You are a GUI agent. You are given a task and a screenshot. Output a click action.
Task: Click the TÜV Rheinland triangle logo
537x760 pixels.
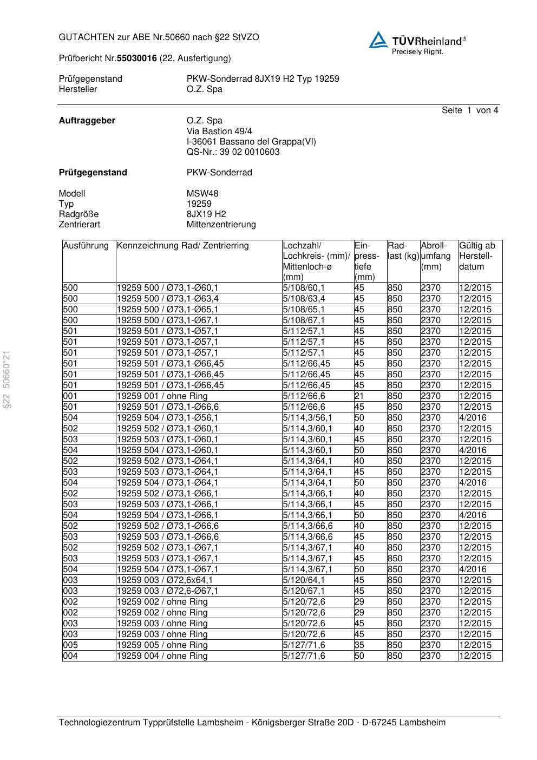tap(378, 40)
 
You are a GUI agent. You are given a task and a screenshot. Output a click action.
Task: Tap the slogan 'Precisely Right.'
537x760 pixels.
tap(417, 52)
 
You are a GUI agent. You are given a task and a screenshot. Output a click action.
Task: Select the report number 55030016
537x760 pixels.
tap(136, 58)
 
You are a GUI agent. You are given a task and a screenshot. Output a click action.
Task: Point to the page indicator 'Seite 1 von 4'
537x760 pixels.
tap(469, 110)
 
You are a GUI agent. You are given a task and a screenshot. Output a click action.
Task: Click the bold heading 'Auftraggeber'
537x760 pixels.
tap(87, 121)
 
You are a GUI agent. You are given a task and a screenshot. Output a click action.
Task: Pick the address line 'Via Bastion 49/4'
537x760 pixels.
tap(219, 131)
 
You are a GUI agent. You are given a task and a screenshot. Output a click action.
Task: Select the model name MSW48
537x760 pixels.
tap(202, 193)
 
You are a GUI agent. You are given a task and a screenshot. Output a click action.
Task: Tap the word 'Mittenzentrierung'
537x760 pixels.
tap(221, 225)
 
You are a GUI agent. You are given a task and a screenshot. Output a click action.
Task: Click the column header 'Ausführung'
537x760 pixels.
tap(86, 246)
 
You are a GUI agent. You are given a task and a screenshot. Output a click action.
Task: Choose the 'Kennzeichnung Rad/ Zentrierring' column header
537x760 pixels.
tap(182, 246)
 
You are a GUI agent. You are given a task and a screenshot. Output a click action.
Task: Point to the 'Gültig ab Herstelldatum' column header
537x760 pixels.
tap(477, 256)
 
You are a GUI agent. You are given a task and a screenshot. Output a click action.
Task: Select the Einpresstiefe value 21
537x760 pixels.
tap(359, 396)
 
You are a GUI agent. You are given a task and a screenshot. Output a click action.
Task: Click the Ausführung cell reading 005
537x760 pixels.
tap(70, 645)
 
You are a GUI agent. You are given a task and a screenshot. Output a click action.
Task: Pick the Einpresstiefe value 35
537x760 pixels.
tap(359, 645)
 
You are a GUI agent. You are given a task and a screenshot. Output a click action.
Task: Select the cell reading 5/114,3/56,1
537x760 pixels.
tap(307, 418)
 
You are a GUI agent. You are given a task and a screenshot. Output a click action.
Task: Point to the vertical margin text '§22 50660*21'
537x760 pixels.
tap(7, 379)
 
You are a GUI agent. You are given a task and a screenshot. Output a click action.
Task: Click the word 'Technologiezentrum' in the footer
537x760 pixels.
tap(99, 723)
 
